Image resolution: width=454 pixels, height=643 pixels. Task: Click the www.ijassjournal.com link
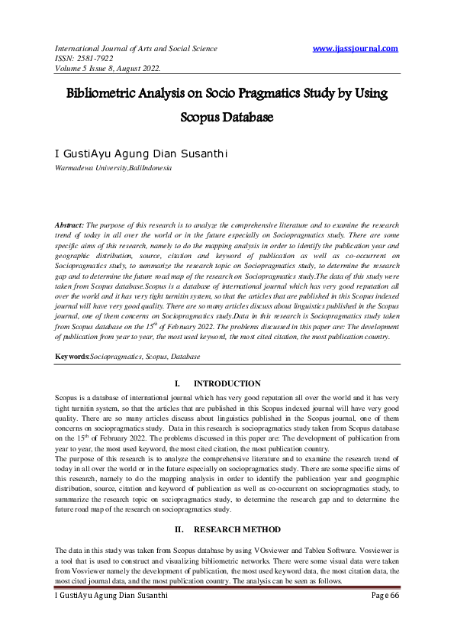tap(356, 49)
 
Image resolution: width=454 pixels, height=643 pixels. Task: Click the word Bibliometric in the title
tap(107, 93)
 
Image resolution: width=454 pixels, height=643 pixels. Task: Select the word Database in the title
tap(246, 118)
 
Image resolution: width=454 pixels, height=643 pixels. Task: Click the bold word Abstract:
tap(70, 225)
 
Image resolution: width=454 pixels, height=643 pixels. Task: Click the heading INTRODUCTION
tap(227, 383)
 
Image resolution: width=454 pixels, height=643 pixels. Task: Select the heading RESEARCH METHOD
tap(237, 529)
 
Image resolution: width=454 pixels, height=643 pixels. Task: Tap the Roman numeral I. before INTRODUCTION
tap(177, 383)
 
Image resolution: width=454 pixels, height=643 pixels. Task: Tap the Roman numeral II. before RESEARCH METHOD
tap(178, 529)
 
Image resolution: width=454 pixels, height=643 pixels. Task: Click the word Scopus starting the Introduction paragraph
tap(67, 398)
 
